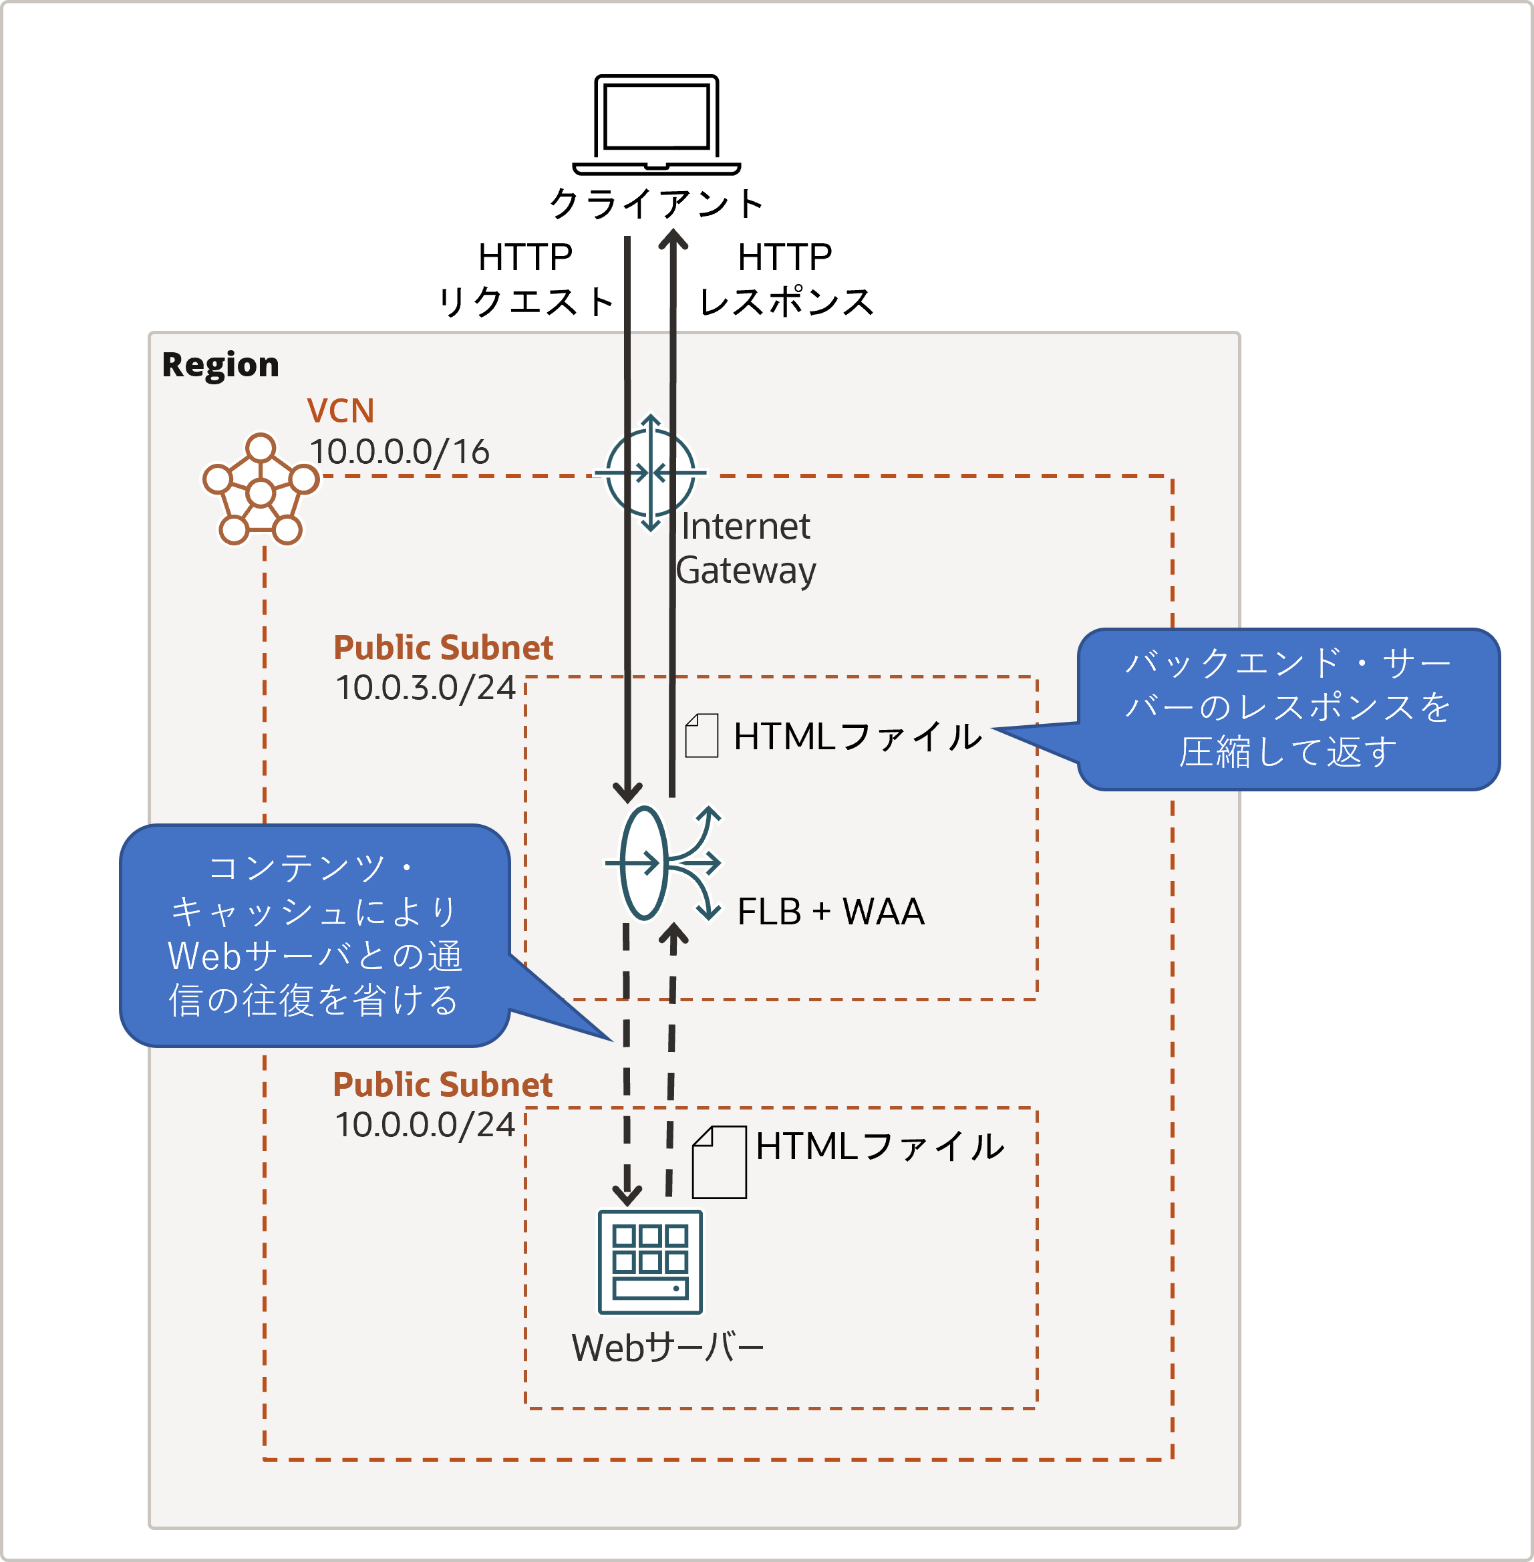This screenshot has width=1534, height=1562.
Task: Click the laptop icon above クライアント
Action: pyautogui.click(x=656, y=124)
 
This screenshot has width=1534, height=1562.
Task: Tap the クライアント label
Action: pyautogui.click(x=656, y=203)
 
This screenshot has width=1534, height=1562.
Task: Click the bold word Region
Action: pyautogui.click(x=220, y=365)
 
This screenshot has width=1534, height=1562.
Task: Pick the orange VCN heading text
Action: pyautogui.click(x=340, y=411)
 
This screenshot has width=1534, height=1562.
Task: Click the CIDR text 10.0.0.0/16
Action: pyautogui.click(x=400, y=452)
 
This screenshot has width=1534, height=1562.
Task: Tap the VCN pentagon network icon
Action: pyautogui.click(x=261, y=490)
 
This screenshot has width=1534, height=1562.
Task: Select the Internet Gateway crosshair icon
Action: pyautogui.click(x=650, y=473)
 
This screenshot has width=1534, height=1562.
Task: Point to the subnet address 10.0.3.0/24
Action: pyautogui.click(x=425, y=688)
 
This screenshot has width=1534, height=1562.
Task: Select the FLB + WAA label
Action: pyautogui.click(x=830, y=912)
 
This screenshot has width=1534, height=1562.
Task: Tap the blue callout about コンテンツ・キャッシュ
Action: pyautogui.click(x=314, y=935)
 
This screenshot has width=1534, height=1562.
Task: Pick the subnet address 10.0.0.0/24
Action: pyautogui.click(x=425, y=1125)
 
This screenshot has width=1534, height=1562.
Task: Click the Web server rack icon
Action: pyautogui.click(x=649, y=1262)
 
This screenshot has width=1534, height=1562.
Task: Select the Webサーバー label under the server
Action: pyautogui.click(x=667, y=1347)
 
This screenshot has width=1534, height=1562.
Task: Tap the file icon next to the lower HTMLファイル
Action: pyautogui.click(x=720, y=1162)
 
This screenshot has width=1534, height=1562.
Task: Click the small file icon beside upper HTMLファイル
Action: pyautogui.click(x=701, y=735)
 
